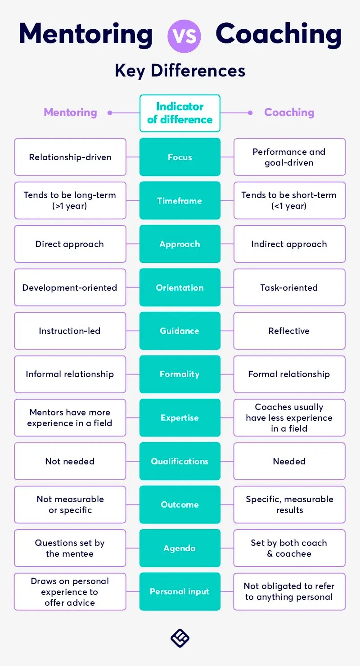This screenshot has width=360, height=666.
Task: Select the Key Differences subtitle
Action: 180,71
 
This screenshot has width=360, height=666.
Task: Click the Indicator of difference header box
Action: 180,113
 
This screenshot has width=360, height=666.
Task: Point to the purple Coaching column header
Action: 289,112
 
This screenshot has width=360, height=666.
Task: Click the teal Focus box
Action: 180,157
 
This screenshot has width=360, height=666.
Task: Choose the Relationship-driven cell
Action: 70,157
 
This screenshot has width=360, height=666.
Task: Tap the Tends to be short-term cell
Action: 289,201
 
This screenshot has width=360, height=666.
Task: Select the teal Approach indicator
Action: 180,244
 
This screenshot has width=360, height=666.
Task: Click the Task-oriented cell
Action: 289,288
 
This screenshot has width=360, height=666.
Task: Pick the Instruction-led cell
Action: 70,331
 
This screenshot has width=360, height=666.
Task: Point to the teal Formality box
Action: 180,374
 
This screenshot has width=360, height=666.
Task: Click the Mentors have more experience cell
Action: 70,418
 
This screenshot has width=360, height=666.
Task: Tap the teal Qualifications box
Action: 180,461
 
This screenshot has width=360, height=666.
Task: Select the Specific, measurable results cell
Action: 289,504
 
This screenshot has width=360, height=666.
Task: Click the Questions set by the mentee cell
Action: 70,548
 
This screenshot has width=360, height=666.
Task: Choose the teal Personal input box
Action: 180,592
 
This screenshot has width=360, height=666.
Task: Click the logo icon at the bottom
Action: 180,638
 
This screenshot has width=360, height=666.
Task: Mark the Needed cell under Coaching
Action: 289,461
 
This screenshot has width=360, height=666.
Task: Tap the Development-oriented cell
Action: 70,288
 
